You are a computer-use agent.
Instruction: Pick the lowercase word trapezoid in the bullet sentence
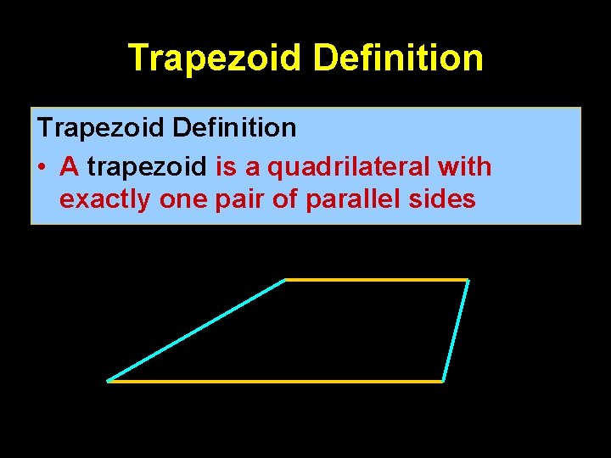147,167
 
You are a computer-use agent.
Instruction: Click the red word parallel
342,200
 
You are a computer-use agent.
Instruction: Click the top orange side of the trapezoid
377,279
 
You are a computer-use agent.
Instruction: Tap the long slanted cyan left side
197,330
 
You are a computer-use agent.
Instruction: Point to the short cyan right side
456,330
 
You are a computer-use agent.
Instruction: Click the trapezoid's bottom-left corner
109,381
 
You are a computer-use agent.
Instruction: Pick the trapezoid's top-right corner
468,280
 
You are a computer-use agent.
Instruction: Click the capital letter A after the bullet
70,167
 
